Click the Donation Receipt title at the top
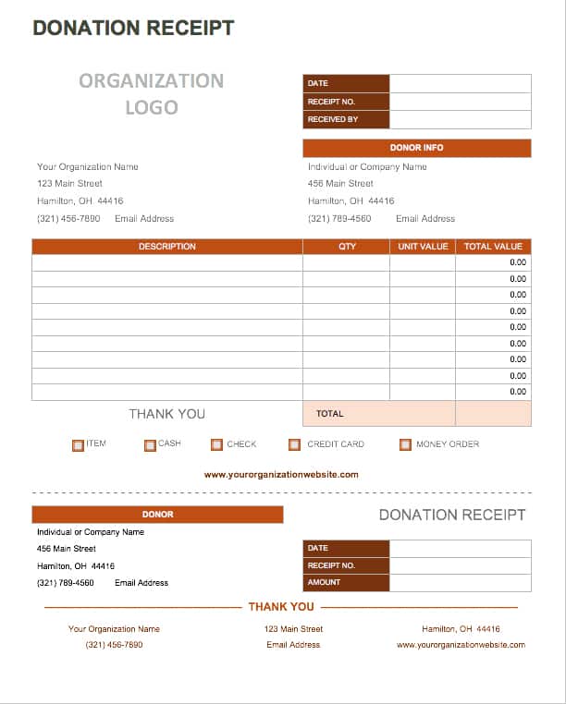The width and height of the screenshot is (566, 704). [x=133, y=28]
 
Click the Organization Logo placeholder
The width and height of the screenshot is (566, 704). [x=152, y=94]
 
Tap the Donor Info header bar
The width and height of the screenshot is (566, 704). [x=417, y=148]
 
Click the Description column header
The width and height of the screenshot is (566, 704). [x=167, y=247]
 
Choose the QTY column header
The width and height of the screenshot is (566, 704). [x=347, y=247]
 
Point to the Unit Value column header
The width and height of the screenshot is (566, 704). [x=423, y=247]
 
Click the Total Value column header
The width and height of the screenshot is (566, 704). [x=493, y=247]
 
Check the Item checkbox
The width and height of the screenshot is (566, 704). [x=78, y=444]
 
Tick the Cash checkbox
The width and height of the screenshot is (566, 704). [x=150, y=444]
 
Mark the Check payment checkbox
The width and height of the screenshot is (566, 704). [x=216, y=444]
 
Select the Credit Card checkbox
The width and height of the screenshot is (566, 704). [x=295, y=444]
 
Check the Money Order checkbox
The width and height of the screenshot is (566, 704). [x=405, y=444]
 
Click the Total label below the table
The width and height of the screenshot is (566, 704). [x=330, y=414]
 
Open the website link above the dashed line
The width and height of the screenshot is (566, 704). [x=281, y=475]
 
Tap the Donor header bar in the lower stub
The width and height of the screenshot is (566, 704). [x=157, y=515]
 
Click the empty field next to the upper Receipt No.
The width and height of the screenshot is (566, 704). [x=461, y=102]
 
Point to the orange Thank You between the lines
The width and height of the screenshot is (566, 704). [x=281, y=607]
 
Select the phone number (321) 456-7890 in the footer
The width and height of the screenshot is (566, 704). [x=115, y=645]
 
